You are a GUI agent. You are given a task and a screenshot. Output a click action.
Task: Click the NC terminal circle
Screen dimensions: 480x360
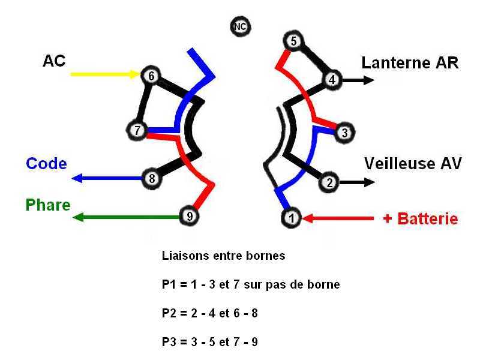[241, 26]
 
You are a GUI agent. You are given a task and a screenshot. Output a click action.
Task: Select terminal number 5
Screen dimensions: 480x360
[293, 41]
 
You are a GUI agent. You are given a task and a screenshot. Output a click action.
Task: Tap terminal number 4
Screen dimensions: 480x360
[332, 80]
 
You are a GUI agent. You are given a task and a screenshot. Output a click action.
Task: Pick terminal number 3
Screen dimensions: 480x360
[344, 133]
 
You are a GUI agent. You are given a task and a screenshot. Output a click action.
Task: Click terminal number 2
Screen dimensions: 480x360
[329, 182]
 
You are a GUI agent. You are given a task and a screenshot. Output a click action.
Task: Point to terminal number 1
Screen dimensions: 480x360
[292, 218]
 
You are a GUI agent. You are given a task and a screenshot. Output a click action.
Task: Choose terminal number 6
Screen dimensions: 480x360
[151, 76]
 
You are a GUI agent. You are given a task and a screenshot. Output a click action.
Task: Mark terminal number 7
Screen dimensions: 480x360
[137, 130]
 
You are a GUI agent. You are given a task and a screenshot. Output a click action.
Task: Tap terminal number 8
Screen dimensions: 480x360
[152, 178]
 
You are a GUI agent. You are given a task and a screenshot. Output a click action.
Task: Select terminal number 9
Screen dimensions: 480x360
[189, 216]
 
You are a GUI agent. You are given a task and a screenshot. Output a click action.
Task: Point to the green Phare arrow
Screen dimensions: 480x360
[126, 217]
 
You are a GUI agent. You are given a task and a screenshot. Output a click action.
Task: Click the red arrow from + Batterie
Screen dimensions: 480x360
[338, 218]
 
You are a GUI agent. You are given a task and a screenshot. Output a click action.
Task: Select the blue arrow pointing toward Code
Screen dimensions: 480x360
[107, 178]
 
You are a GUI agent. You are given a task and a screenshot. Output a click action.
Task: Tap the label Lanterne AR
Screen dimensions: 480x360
[410, 63]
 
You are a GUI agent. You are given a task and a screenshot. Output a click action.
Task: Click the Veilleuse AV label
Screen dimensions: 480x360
[413, 163]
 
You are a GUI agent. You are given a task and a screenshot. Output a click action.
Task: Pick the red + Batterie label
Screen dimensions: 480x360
[421, 218]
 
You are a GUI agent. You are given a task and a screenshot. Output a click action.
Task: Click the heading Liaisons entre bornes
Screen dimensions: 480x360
[223, 256]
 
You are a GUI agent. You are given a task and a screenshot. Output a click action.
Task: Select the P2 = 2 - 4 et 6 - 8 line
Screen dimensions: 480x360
[209, 313]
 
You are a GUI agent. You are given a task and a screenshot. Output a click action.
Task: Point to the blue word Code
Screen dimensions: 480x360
[46, 163]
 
